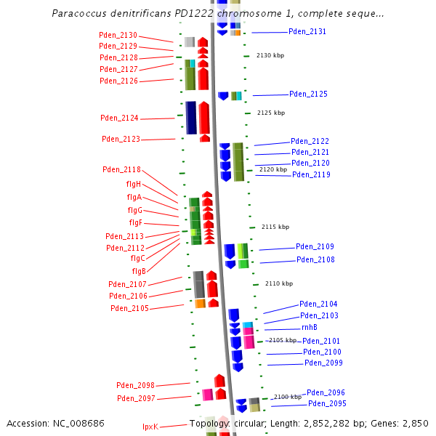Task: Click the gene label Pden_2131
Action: coord(307,32)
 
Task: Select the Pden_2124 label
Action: coord(119,118)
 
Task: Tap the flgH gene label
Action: coord(134,184)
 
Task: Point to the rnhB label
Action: coord(310,328)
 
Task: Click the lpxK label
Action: coord(150,427)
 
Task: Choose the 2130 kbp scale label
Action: coord(270,56)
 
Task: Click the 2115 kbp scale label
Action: coord(275,227)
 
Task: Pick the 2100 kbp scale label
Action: coord(287,397)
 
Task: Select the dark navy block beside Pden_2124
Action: coord(191,118)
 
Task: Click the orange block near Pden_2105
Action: coord(200,303)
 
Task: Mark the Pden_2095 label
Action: coord(327,403)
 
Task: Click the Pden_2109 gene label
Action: coord(315,247)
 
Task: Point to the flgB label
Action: coord(138,271)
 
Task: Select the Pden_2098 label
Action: coord(135,385)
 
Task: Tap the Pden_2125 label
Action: coord(308,94)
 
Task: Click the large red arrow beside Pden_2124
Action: coord(204,118)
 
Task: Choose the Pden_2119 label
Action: coord(311,174)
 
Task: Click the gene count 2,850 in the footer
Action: coord(416,423)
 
